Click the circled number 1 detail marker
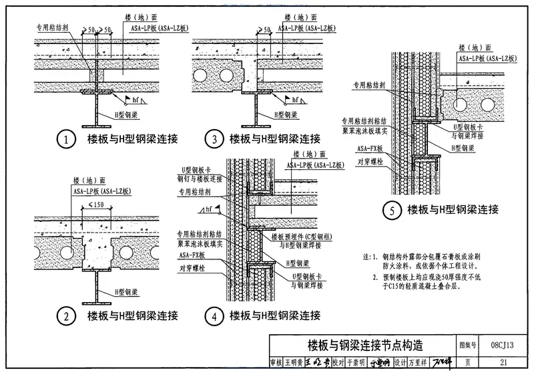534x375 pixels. (x=65, y=140)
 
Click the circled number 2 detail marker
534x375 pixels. (x=65, y=316)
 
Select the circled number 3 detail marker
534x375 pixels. (x=214, y=140)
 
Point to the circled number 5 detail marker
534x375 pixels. (x=393, y=211)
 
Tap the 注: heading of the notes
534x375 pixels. (x=367, y=256)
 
